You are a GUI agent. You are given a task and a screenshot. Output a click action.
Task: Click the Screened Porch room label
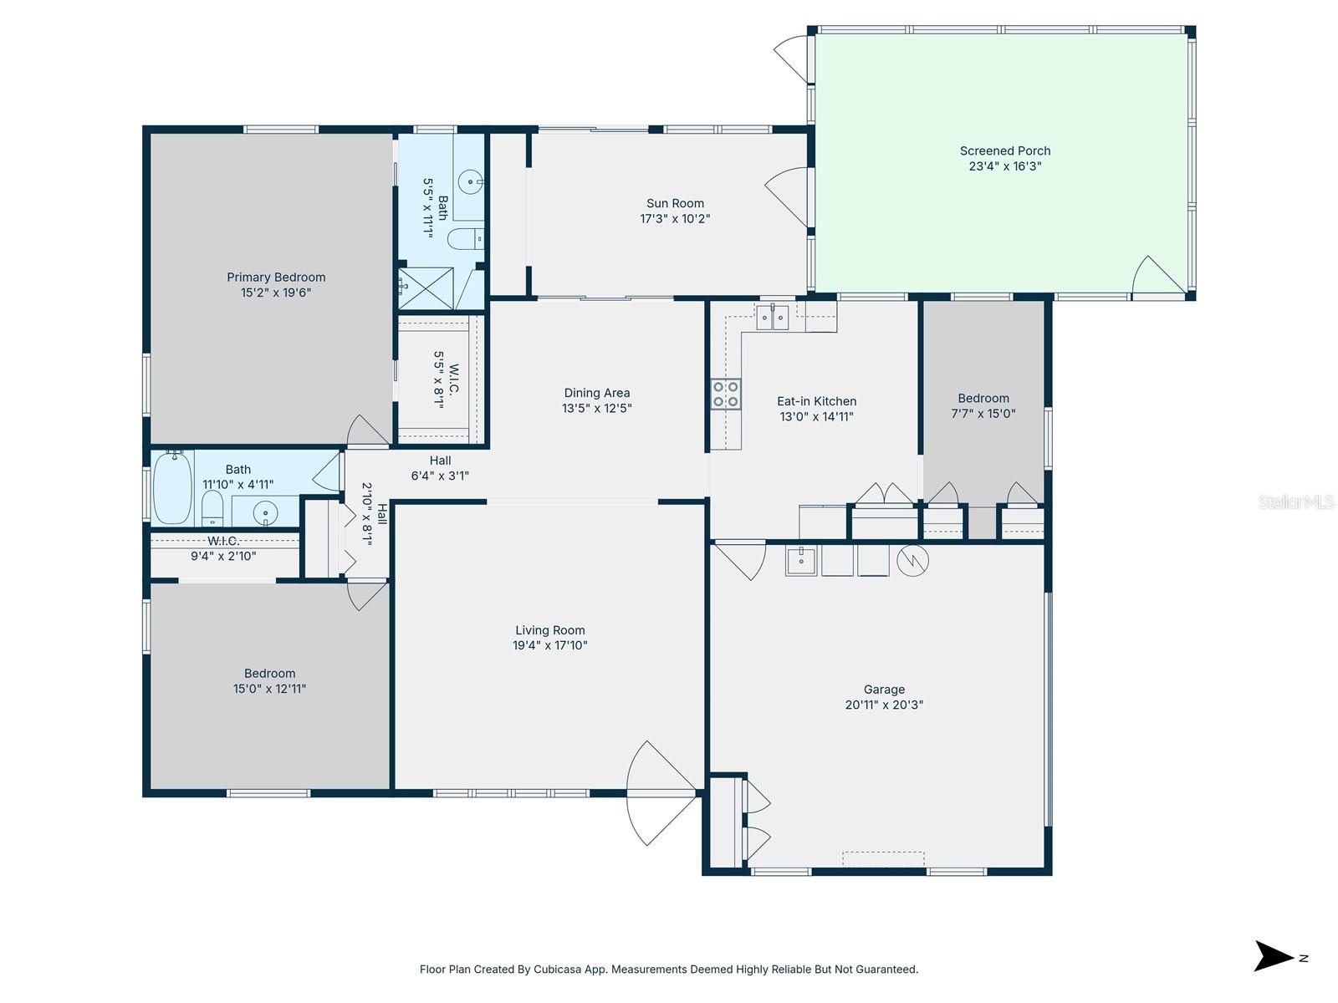click(x=1004, y=151)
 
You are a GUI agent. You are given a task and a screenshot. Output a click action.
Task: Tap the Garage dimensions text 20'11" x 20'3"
click(x=884, y=705)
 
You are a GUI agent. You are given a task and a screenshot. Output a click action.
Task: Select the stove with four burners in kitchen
click(x=725, y=394)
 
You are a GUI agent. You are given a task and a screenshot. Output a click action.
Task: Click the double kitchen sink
click(x=772, y=318)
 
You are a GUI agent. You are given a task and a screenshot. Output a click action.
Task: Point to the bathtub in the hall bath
click(x=173, y=486)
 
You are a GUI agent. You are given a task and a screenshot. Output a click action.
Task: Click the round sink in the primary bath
click(x=474, y=181)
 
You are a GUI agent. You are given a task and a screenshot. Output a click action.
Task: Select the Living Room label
click(x=549, y=630)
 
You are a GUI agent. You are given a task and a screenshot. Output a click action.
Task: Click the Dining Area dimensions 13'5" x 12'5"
click(x=596, y=409)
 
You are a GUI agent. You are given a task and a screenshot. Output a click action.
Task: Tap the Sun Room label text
click(x=675, y=203)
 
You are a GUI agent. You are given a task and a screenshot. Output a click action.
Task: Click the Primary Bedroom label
click(x=276, y=277)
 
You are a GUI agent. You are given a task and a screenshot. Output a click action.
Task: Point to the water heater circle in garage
click(x=912, y=560)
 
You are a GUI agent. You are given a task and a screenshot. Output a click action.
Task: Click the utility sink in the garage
click(x=800, y=560)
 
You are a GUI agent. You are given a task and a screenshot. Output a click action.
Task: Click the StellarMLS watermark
click(x=1295, y=501)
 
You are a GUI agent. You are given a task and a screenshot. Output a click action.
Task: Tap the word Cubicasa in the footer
click(x=558, y=970)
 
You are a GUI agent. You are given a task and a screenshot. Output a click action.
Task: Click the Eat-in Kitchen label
click(x=816, y=401)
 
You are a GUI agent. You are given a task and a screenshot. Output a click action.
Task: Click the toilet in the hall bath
click(x=213, y=507)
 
